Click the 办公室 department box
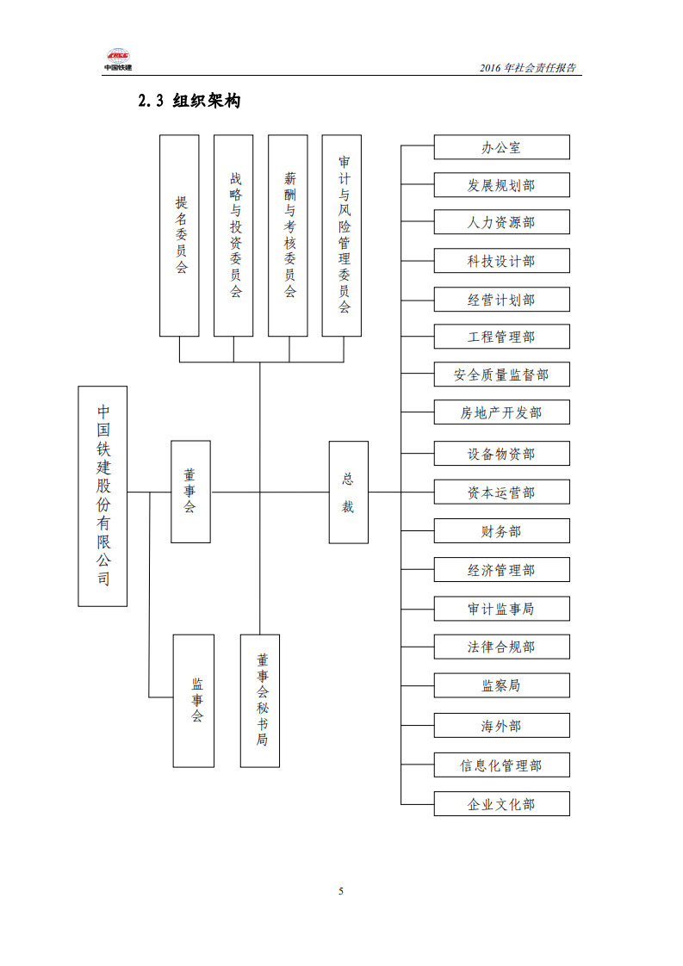tap(501, 147)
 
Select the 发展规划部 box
tap(501, 185)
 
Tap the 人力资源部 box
tap(501, 222)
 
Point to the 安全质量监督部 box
tap(501, 375)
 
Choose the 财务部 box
tap(501, 531)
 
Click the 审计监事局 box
tap(501, 609)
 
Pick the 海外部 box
tap(501, 726)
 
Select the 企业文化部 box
tap(501, 804)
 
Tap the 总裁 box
tap(348, 492)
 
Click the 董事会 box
tap(190, 492)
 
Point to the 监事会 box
tap(193, 701)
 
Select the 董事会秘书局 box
tap(260, 701)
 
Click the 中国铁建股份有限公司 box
tap(102, 496)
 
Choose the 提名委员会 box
tap(179, 235)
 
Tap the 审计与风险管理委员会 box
tap(342, 235)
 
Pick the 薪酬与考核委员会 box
tap(288, 235)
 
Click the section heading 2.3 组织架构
tap(189, 102)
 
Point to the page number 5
tap(341, 891)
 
